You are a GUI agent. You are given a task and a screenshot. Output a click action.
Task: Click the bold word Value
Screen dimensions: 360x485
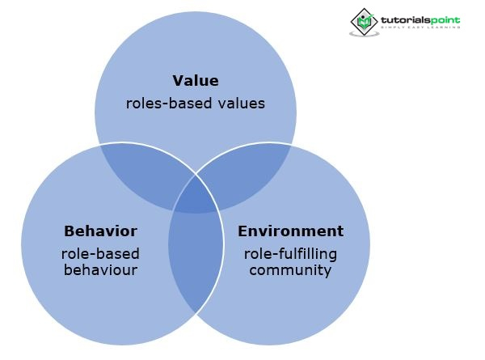(x=196, y=80)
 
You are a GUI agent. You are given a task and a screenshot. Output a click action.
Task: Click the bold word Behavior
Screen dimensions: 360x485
(x=100, y=231)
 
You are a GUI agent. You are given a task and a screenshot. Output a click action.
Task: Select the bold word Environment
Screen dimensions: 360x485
(x=290, y=231)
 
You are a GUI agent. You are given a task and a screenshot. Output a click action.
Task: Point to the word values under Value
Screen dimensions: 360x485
(x=235, y=104)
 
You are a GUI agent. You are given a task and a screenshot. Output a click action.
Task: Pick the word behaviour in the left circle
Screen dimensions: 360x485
(x=100, y=269)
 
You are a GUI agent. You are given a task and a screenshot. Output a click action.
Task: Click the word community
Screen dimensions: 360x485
(x=290, y=269)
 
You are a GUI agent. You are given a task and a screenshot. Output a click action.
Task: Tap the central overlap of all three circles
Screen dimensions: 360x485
(x=196, y=194)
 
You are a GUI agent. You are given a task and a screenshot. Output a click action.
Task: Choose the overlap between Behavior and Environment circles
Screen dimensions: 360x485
(x=196, y=259)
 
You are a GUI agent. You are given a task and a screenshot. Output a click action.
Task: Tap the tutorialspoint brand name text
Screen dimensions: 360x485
(x=420, y=18)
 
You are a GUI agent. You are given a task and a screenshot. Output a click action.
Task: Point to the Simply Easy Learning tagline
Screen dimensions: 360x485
(x=420, y=28)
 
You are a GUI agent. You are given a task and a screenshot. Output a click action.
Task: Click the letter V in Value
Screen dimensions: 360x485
(x=178, y=80)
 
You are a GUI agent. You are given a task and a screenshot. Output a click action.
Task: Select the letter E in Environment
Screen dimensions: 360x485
(x=242, y=231)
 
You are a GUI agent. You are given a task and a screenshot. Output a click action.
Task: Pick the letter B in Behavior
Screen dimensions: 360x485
(x=68, y=231)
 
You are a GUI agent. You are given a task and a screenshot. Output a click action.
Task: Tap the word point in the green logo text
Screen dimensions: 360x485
(x=444, y=18)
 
